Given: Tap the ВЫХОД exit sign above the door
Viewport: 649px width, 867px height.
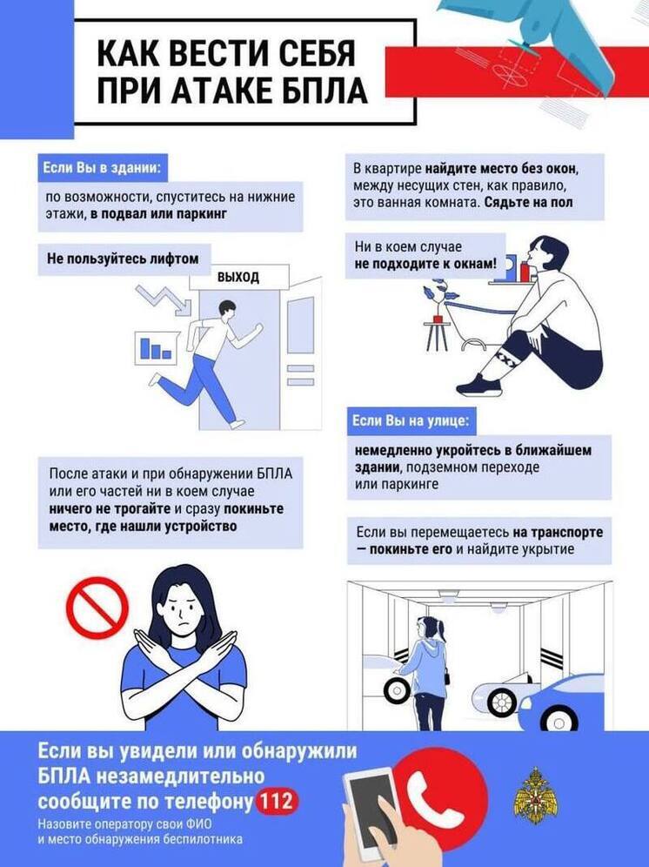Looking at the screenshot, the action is click(x=239, y=277).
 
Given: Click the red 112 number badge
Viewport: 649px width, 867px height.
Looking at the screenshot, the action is click(x=277, y=800).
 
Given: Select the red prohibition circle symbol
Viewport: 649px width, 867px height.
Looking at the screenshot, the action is click(x=97, y=608).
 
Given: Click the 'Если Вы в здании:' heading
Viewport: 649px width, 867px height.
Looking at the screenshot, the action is click(x=103, y=167).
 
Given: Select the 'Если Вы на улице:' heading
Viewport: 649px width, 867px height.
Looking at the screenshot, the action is click(x=411, y=421).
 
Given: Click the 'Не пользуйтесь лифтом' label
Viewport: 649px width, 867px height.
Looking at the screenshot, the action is click(x=123, y=259).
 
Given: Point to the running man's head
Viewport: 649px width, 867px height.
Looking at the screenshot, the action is click(x=227, y=310).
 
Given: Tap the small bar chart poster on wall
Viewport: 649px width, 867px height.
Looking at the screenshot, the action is click(x=156, y=348).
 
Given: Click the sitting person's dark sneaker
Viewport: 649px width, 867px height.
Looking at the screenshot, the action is click(x=480, y=384).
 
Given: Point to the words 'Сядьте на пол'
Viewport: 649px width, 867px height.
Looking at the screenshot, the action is click(x=528, y=202).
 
